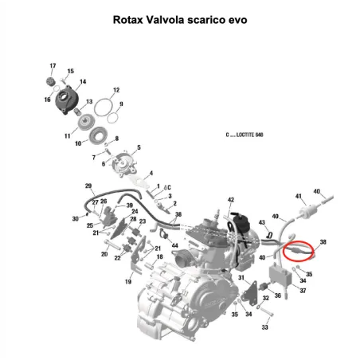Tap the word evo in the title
tap(237, 20)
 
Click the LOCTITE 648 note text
tap(245, 135)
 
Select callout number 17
tap(53, 65)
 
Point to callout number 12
tap(116, 90)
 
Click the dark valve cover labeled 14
tap(67, 100)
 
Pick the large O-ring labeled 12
tap(104, 108)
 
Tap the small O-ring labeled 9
tap(113, 118)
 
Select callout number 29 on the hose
tap(88, 186)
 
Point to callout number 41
tap(299, 196)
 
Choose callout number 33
tap(264, 327)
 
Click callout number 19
tap(128, 281)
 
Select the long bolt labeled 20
tap(112, 245)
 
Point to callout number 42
tap(231, 200)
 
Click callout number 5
tap(139, 147)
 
